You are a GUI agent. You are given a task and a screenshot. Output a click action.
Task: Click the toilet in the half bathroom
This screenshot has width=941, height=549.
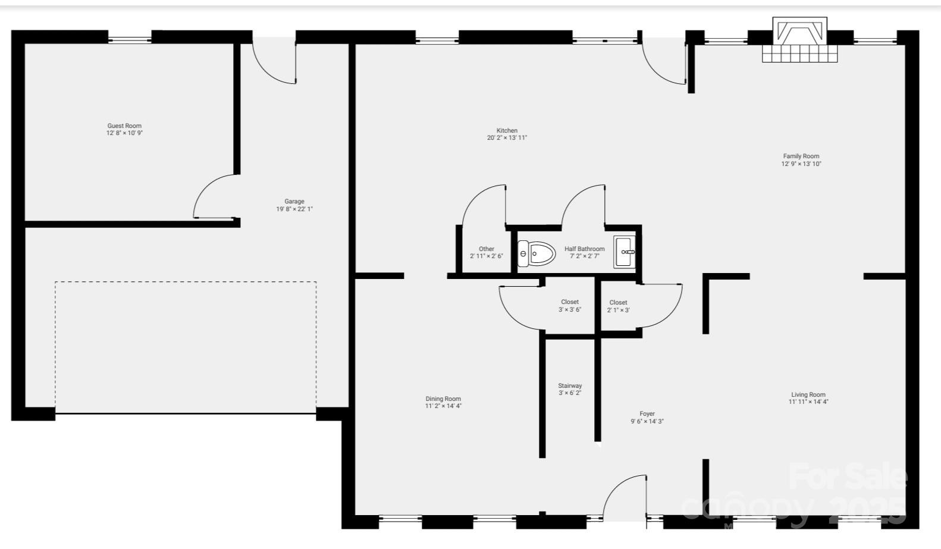[537, 253]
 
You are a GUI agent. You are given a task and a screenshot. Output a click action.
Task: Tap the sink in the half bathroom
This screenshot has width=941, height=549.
[625, 252]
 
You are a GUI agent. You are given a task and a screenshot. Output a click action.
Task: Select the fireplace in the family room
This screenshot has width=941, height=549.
[799, 40]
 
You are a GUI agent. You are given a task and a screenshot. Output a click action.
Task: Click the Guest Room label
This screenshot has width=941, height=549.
[124, 126]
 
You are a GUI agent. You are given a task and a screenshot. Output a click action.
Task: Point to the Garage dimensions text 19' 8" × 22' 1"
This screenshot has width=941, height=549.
[294, 209]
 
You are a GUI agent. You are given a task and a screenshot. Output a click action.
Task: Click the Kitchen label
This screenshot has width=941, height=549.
[507, 130]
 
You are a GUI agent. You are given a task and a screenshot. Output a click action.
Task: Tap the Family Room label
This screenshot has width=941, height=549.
[801, 156]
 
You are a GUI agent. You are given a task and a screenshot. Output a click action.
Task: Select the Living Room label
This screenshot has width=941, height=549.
[808, 394]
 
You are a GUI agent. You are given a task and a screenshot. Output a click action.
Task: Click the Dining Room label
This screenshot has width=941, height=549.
[443, 399]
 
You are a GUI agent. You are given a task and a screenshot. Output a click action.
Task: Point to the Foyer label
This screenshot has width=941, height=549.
[647, 413]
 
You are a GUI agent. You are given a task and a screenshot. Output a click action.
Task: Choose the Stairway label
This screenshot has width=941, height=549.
[570, 385]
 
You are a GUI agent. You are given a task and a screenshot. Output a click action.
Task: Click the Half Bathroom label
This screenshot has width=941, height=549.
[584, 249]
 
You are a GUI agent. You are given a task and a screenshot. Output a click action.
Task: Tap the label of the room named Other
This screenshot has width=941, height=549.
[487, 249]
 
